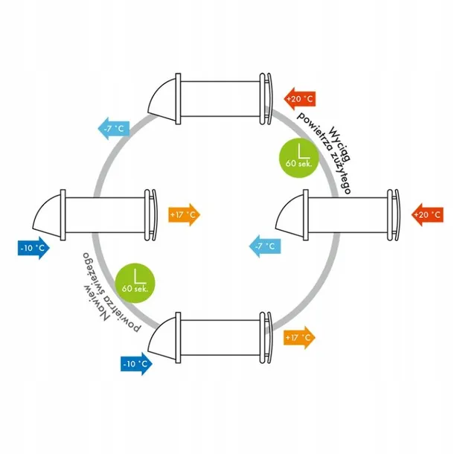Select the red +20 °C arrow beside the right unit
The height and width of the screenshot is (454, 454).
[426, 214]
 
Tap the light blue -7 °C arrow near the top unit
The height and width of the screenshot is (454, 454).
[113, 128]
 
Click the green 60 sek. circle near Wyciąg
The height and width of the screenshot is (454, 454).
[292, 156]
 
